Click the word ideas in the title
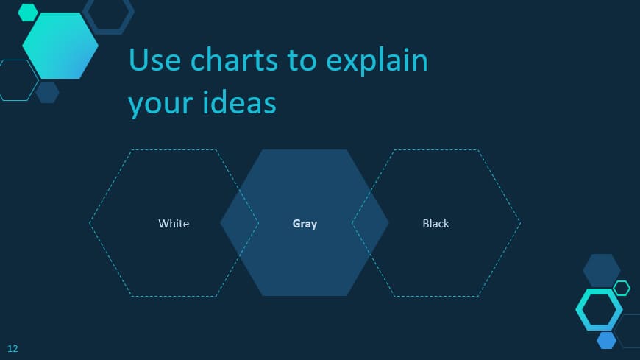239,102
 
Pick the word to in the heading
302,60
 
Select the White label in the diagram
174,223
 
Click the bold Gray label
305,223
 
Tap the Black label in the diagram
435,223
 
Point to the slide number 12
13,348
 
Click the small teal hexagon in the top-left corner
28,13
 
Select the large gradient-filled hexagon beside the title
60,46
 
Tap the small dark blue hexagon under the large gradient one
47,93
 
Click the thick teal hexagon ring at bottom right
599,309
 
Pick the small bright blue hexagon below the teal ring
606,340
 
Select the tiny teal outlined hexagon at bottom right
622,288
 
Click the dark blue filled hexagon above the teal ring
601,270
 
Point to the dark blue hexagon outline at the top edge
108,15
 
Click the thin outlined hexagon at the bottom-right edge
630,331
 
